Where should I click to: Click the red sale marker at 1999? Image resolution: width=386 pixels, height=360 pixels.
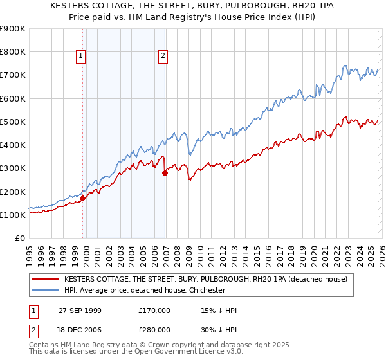[83, 199]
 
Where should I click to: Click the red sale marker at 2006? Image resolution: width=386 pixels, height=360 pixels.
[165, 173]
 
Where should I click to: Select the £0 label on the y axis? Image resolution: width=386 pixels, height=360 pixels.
[19, 238]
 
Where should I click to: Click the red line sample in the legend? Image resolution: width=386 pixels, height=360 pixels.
[46, 279]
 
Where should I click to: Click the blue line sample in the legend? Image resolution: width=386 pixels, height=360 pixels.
[46, 290]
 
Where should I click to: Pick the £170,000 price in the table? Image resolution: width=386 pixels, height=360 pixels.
[154, 310]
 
